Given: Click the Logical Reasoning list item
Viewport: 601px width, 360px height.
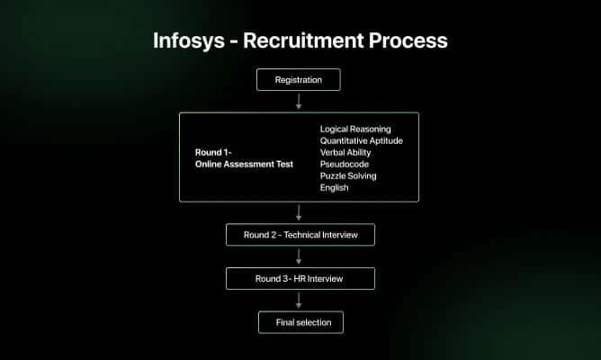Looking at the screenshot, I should pyautogui.click(x=355, y=129).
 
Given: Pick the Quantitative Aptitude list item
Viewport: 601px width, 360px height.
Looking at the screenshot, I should pyautogui.click(x=362, y=140).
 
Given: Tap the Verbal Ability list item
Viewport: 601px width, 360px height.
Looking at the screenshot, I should pyautogui.click(x=345, y=152).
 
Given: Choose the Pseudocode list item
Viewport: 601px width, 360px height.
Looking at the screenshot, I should pyautogui.click(x=344, y=164).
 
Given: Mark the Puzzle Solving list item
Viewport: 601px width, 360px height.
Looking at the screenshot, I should pyautogui.click(x=348, y=175).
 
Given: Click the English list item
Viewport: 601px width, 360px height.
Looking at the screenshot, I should pyautogui.click(x=334, y=187).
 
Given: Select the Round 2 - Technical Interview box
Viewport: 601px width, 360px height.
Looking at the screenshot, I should pyautogui.click(x=300, y=235).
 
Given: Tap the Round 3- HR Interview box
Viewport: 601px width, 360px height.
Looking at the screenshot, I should pyautogui.click(x=300, y=279).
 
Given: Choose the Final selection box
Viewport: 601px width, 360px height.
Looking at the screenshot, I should pyautogui.click(x=300, y=322).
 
